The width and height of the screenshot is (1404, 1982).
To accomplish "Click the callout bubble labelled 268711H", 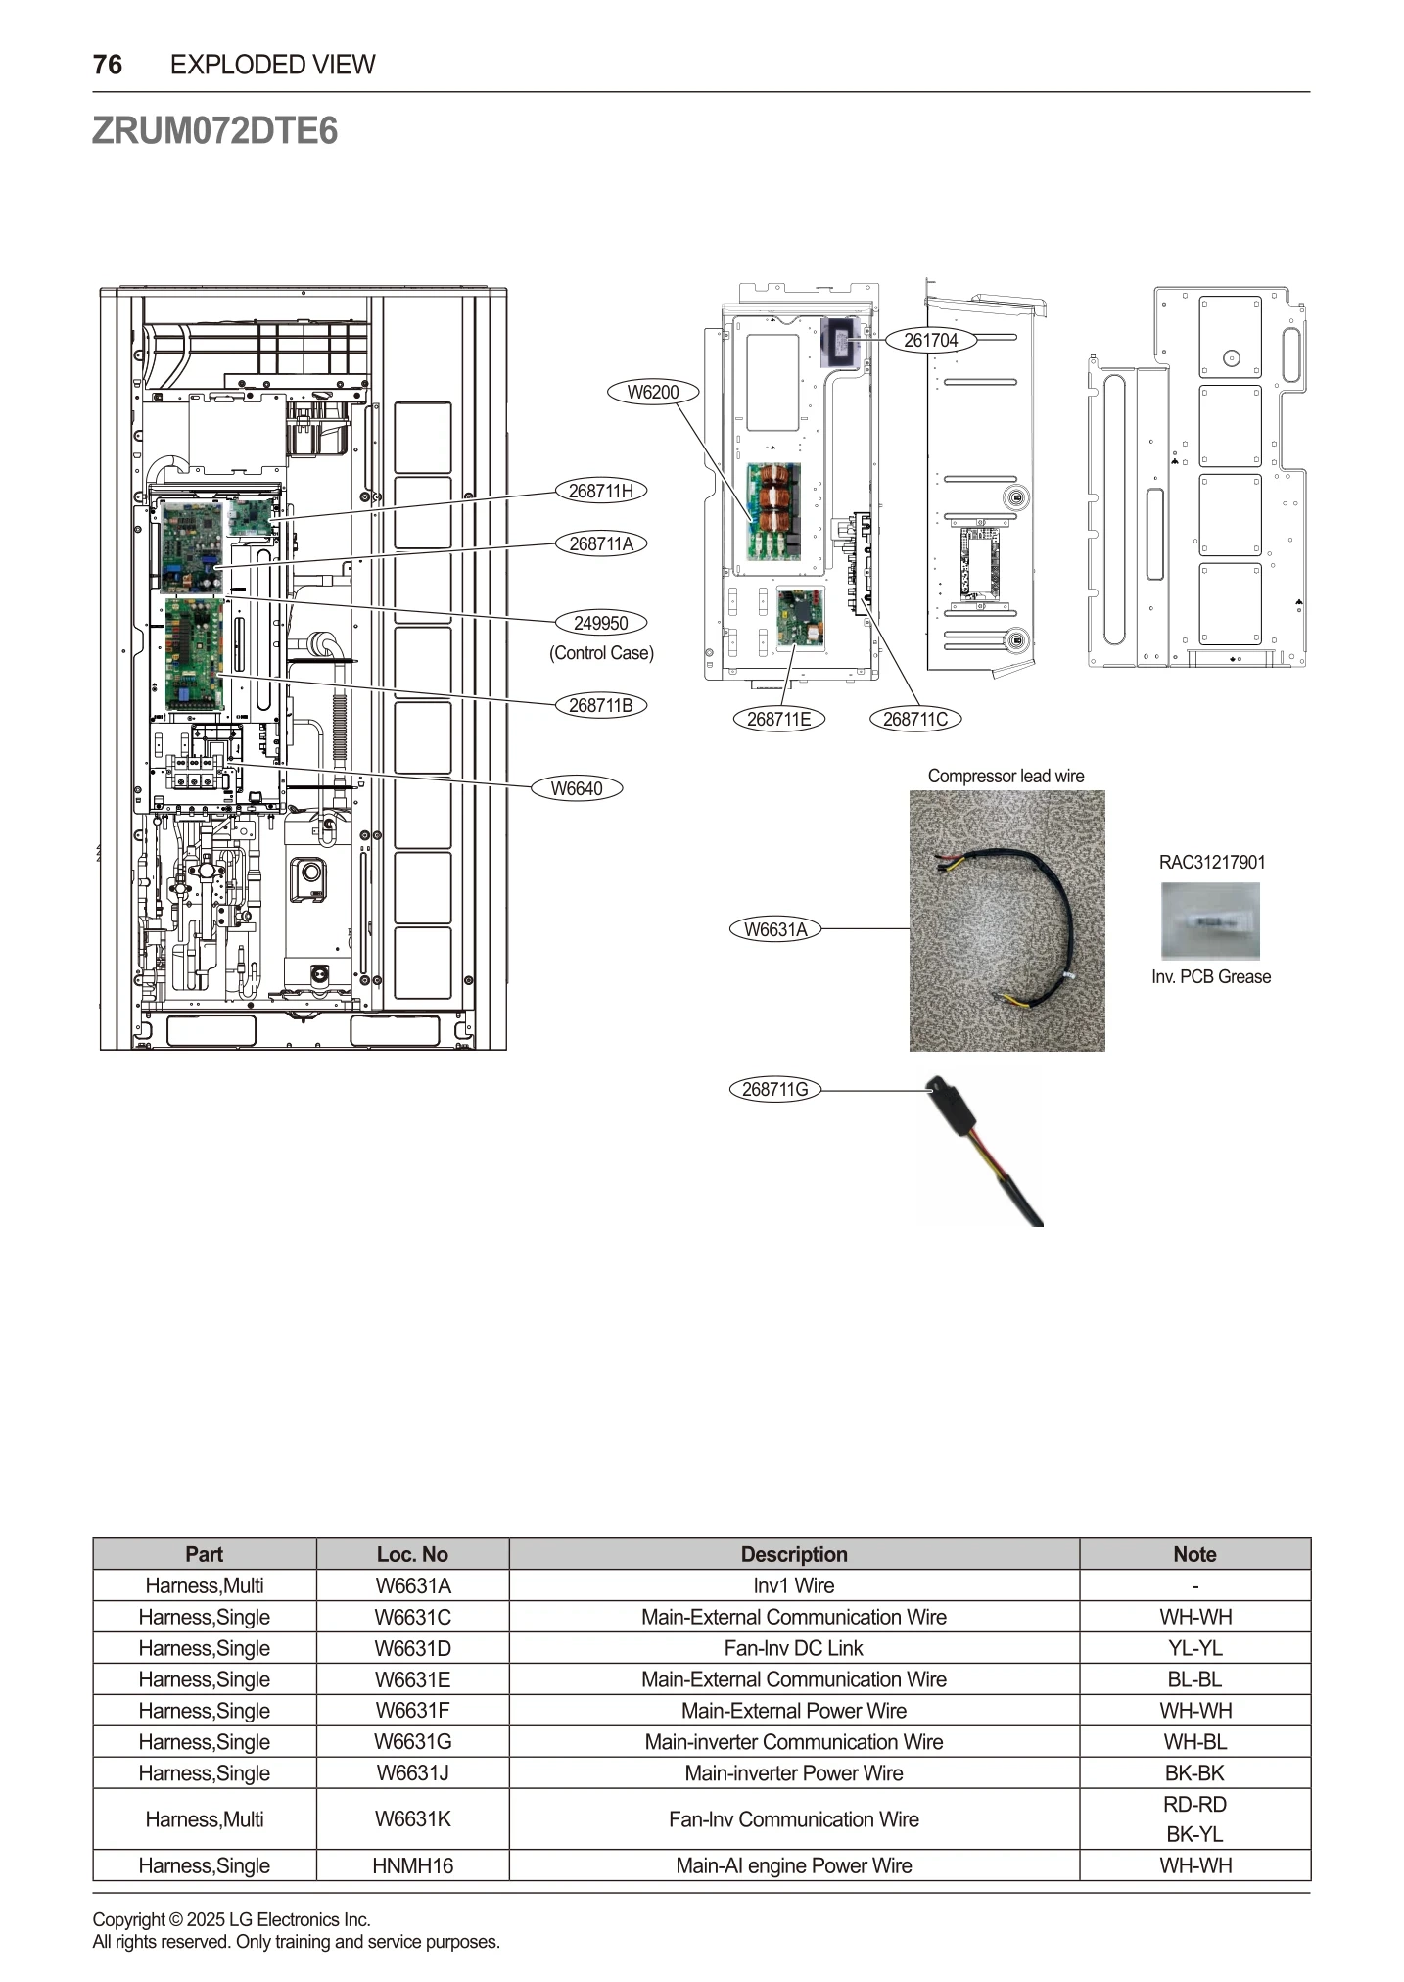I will [x=600, y=491].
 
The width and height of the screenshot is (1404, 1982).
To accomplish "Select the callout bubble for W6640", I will [x=576, y=788].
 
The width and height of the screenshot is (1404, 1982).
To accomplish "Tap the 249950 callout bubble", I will [x=600, y=623].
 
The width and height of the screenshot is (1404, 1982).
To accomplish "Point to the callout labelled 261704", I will [x=930, y=340].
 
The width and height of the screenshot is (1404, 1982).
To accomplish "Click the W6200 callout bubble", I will [x=652, y=392].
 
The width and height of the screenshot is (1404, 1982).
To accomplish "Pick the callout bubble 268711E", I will [x=778, y=719].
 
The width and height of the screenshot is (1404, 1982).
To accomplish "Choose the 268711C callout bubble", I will [x=914, y=719].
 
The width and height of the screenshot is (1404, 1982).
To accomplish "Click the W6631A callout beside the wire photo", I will [x=775, y=929].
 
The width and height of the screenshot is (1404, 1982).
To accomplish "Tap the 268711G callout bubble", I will [x=774, y=1089].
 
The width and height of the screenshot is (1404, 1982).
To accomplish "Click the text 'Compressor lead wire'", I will [x=1006, y=776].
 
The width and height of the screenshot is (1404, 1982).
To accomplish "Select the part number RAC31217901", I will [x=1211, y=862].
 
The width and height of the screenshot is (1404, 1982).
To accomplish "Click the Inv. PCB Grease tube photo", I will [x=1210, y=920].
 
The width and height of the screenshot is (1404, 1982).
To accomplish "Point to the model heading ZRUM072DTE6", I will [x=214, y=130].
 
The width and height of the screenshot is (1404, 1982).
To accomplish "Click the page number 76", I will [x=108, y=65].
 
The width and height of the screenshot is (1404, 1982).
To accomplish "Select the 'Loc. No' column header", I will [x=412, y=1554].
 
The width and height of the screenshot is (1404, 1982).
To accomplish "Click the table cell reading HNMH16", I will [x=412, y=1865].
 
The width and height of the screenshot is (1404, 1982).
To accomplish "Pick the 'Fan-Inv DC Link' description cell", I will [x=793, y=1648].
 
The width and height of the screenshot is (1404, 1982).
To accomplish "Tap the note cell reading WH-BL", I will [x=1194, y=1742].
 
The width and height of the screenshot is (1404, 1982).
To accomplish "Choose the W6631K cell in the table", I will [x=412, y=1819].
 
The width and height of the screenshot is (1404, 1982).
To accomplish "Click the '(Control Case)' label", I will [x=601, y=653].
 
